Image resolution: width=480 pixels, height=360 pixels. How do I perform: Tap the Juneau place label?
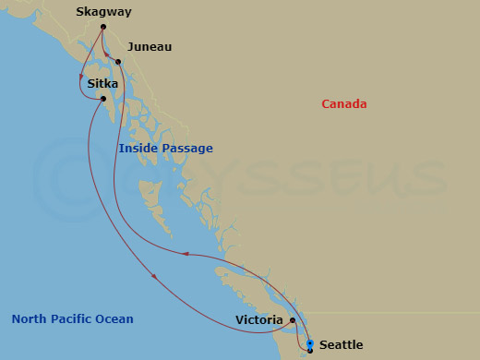tap(150, 46)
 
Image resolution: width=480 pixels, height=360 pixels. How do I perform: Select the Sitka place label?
tap(102, 83)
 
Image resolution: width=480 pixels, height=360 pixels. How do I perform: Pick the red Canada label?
tap(343, 104)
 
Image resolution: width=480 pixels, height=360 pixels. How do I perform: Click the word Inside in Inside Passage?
tap(136, 149)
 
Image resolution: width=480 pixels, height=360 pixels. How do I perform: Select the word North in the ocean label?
tap(29, 319)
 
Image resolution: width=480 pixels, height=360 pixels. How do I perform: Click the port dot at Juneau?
tap(119, 62)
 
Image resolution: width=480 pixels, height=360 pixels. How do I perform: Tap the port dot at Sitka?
tap(103, 99)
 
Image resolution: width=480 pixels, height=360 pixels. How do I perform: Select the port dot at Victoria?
tap(293, 321)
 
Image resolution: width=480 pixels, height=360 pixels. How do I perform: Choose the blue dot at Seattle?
tap(310, 344)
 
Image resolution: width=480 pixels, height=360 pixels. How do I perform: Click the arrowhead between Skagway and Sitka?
tap(81, 75)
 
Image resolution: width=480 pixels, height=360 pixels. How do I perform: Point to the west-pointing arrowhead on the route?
tap(186, 253)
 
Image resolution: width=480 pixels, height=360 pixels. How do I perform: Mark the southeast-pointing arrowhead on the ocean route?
tap(154, 275)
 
